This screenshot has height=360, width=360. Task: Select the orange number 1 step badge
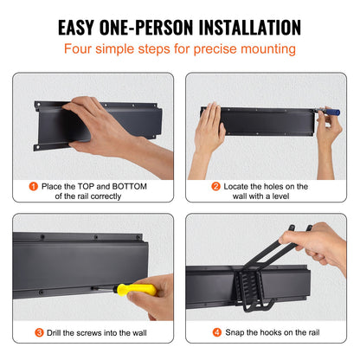click(33, 185)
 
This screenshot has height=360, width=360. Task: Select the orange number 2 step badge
click(215, 185)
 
